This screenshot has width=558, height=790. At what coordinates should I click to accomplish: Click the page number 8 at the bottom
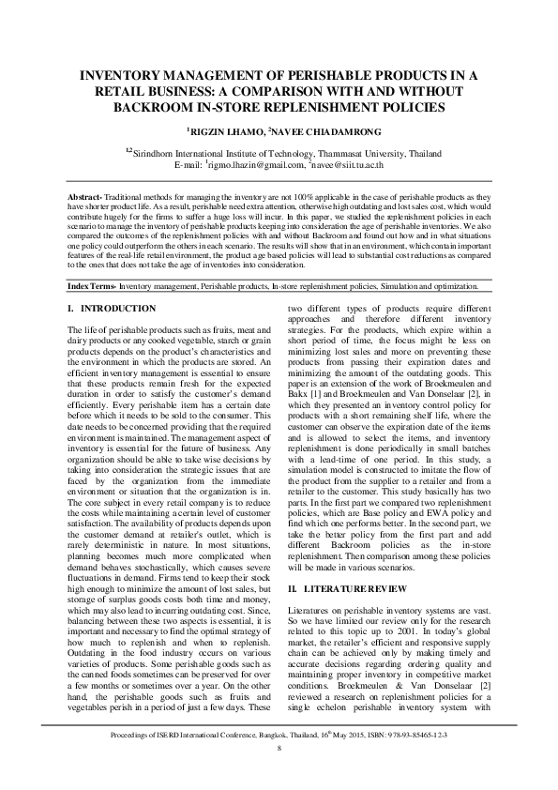pos(279,748)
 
